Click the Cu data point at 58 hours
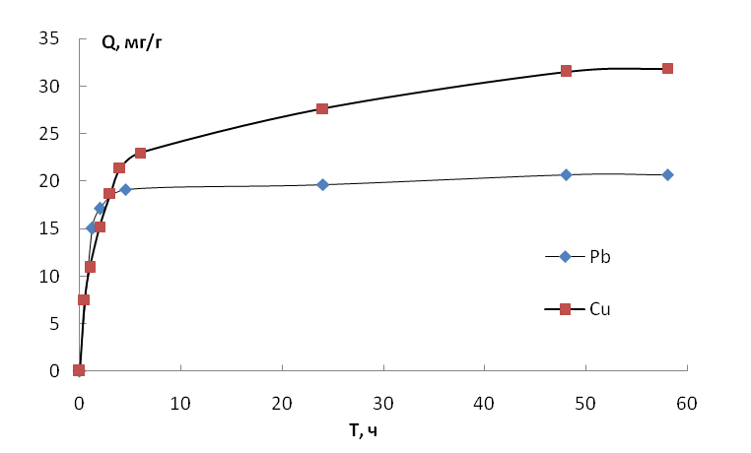pyautogui.click(x=667, y=68)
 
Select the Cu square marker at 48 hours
pyautogui.click(x=566, y=71)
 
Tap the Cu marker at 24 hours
pyautogui.click(x=322, y=108)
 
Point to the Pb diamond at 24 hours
pyautogui.click(x=323, y=184)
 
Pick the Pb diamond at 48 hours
pyautogui.click(x=566, y=174)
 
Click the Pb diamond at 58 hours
pyautogui.click(x=667, y=175)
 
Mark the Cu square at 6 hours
pyautogui.click(x=140, y=153)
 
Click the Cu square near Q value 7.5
pyautogui.click(x=84, y=300)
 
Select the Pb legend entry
pyautogui.click(x=579, y=257)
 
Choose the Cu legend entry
pyautogui.click(x=578, y=309)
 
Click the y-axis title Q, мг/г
pyautogui.click(x=132, y=43)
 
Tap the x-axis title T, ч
pyautogui.click(x=363, y=431)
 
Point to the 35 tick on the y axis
pyautogui.click(x=49, y=38)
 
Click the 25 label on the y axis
pyautogui.click(x=49, y=134)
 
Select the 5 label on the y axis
pyautogui.click(x=54, y=324)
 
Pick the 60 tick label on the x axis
pyautogui.click(x=687, y=404)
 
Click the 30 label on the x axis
pyautogui.click(x=383, y=404)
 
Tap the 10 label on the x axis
pyautogui.click(x=180, y=404)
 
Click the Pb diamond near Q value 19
pyautogui.click(x=125, y=189)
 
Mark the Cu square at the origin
pyautogui.click(x=79, y=370)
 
